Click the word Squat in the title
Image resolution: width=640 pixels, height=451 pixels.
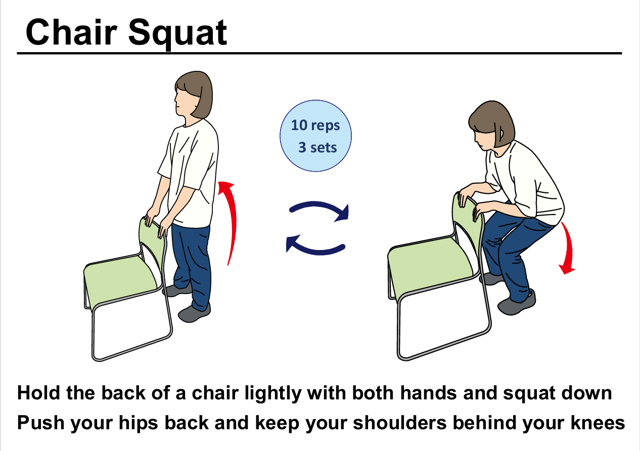[x=177, y=34]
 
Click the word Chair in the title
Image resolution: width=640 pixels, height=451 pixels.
[x=71, y=31]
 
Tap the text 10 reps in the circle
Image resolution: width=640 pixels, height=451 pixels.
[x=315, y=126]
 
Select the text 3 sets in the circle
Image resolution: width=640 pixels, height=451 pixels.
[x=317, y=147]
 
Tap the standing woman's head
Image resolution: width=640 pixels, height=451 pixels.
[x=194, y=95]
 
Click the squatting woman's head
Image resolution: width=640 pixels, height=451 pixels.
[x=491, y=125]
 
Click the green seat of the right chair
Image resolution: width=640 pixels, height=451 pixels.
[x=430, y=264]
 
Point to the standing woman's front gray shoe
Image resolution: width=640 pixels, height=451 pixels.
[x=194, y=313]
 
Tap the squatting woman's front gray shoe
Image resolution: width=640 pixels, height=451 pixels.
[x=517, y=303]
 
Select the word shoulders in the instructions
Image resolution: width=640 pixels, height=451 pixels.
[x=400, y=423]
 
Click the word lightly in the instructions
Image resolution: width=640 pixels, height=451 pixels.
[x=273, y=394]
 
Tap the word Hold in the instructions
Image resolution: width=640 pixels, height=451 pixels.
[x=39, y=393]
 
